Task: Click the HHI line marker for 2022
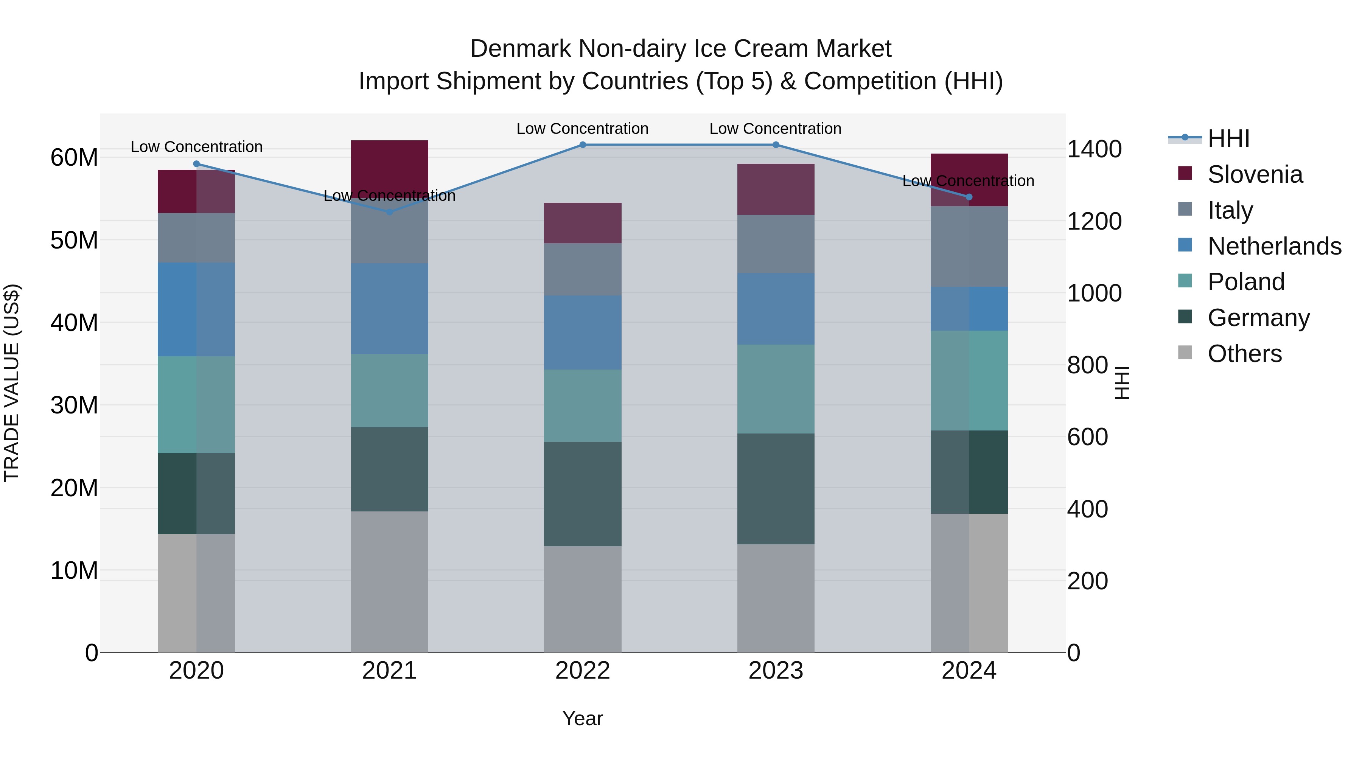pyautogui.click(x=583, y=145)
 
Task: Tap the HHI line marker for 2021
pyautogui.click(x=389, y=212)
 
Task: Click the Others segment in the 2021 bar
pyautogui.click(x=389, y=581)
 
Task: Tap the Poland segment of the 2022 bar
pyautogui.click(x=583, y=406)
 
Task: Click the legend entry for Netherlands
pyautogui.click(x=1274, y=246)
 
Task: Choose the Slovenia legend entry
pyautogui.click(x=1255, y=174)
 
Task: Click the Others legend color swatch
pyautogui.click(x=1185, y=353)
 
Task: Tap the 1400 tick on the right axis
pyautogui.click(x=1094, y=149)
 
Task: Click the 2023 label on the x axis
pyautogui.click(x=776, y=671)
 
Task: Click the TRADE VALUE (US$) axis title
pyautogui.click(x=12, y=383)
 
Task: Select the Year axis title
pyautogui.click(x=583, y=718)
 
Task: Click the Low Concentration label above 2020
pyautogui.click(x=197, y=147)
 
